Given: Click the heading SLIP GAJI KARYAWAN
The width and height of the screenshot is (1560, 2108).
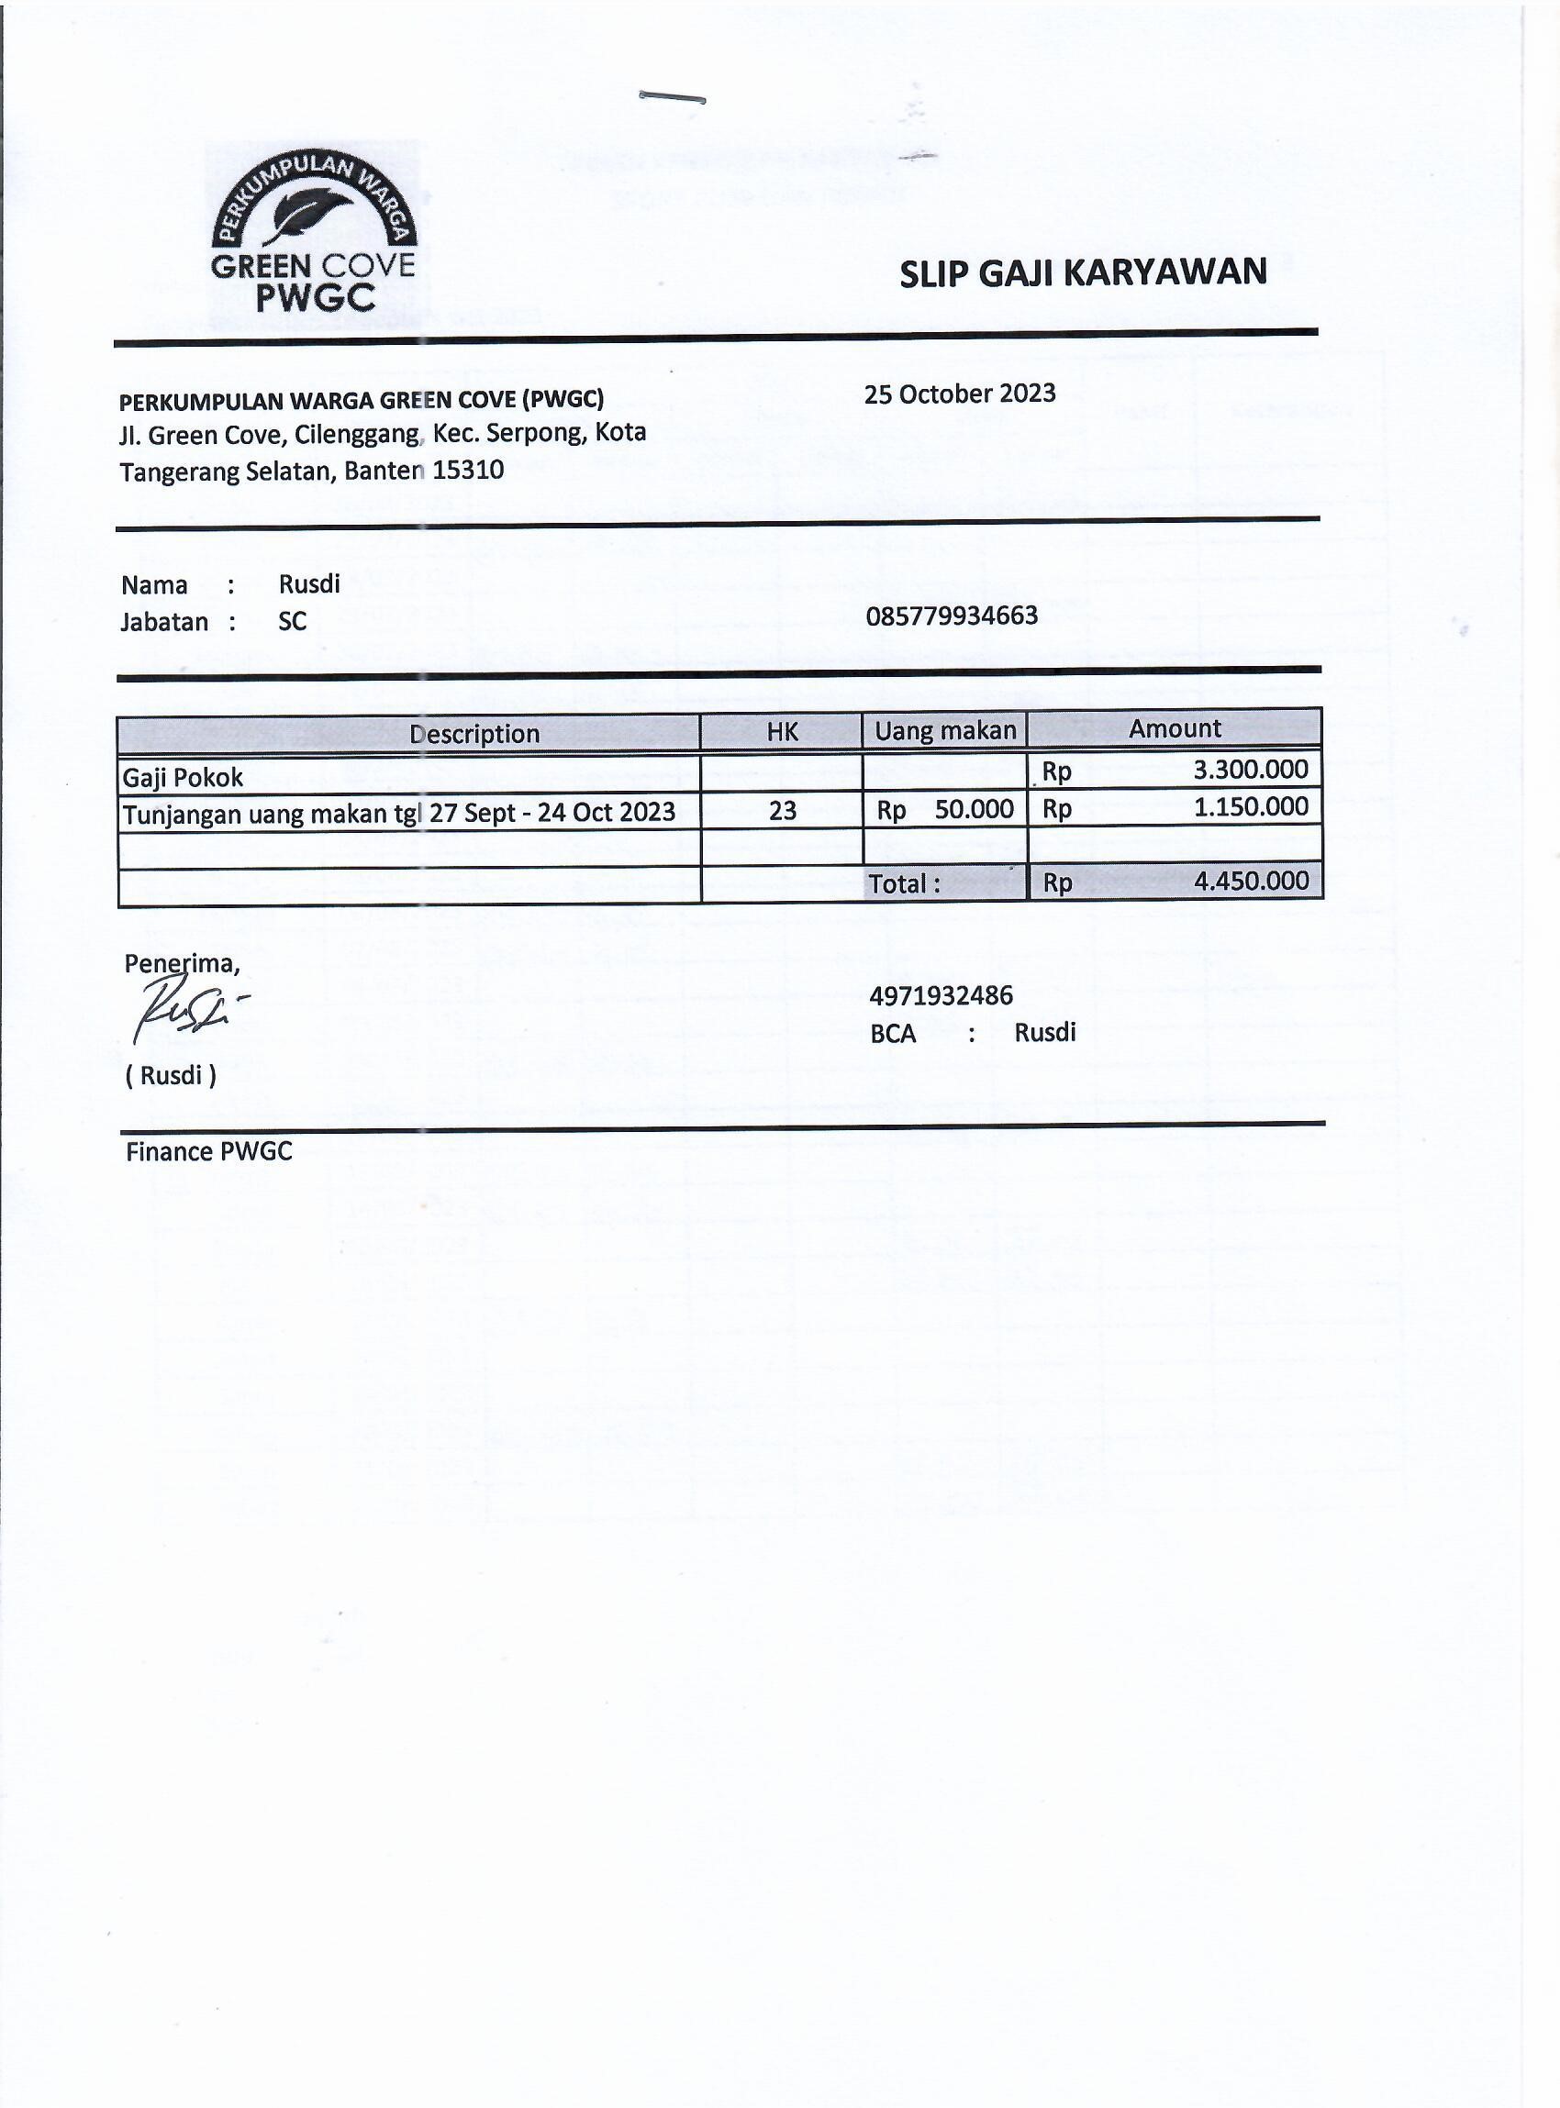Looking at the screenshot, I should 1082,272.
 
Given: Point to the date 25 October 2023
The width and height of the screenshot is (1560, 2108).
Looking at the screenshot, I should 960,394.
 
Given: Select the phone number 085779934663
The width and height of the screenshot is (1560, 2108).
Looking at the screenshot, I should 952,616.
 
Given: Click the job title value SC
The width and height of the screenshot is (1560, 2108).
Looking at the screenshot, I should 292,621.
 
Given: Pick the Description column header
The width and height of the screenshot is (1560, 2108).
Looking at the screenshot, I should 474,734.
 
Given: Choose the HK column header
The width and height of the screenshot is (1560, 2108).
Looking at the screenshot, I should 782,732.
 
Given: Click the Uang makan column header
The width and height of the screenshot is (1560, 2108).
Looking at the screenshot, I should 944,731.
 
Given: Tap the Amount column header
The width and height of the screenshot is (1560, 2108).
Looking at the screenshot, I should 1174,728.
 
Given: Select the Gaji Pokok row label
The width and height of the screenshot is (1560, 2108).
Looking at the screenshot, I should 184,777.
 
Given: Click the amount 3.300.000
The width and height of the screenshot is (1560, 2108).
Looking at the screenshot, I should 1250,770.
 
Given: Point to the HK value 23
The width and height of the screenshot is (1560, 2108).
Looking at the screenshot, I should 782,810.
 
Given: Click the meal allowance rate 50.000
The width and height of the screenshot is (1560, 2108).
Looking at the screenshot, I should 974,809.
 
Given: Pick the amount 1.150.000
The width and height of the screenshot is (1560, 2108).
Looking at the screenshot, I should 1250,807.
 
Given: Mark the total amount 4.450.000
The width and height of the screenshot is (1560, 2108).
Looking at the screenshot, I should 1250,881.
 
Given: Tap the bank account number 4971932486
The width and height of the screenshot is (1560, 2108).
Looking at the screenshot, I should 941,995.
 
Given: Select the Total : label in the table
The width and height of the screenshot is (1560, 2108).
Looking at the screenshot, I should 904,883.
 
